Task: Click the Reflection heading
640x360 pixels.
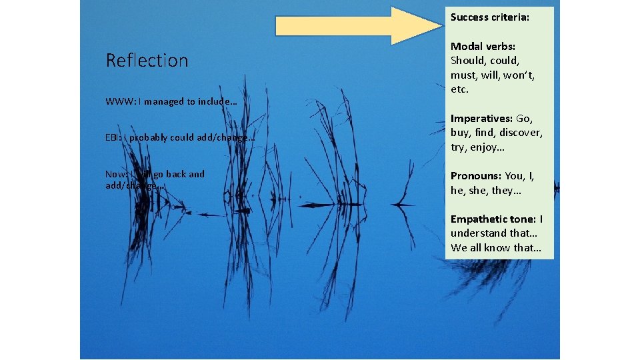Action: click(x=147, y=61)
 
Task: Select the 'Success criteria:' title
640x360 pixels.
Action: click(x=490, y=17)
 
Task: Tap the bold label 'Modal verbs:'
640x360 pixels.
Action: click(x=483, y=46)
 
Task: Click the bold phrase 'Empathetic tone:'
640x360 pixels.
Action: click(x=493, y=219)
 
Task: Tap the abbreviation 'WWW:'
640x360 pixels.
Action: click(x=120, y=102)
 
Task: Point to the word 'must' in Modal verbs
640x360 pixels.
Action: click(x=463, y=75)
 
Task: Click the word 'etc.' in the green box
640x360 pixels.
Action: click(x=460, y=89)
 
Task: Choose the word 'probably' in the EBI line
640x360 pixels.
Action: click(x=151, y=138)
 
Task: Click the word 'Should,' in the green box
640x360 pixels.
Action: click(x=470, y=61)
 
